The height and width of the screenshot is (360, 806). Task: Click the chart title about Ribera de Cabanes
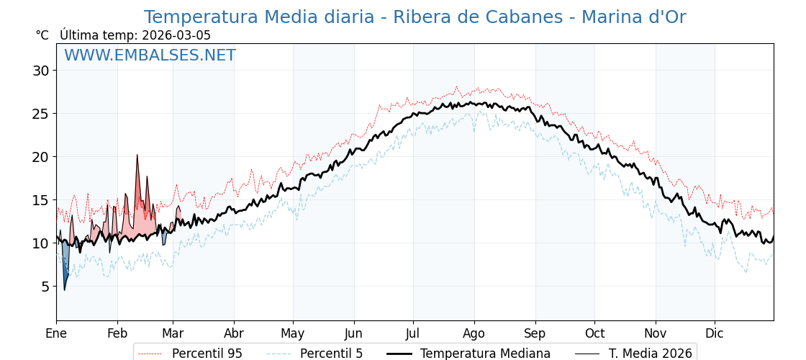[415, 17]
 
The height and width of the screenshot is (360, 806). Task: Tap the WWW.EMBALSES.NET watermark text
[150, 55]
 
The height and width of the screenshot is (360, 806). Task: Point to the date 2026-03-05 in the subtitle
[176, 35]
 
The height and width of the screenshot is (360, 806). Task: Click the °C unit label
[42, 35]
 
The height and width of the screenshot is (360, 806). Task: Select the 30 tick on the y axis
[40, 71]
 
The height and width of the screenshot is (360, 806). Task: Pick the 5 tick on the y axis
[45, 287]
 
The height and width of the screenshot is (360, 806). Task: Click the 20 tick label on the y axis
[40, 157]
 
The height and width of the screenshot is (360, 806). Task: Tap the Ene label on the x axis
[56, 333]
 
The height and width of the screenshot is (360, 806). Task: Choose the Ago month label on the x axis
[474, 333]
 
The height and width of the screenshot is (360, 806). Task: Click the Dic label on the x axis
[715, 333]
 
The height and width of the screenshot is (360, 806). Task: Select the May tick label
[293, 333]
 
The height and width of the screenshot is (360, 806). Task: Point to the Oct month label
[594, 333]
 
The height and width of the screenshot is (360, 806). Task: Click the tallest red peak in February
[137, 156]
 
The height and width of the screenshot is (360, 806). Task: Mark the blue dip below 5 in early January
[64, 289]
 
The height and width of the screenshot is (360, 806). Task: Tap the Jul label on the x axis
[413, 333]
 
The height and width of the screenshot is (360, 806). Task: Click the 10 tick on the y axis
[40, 243]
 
